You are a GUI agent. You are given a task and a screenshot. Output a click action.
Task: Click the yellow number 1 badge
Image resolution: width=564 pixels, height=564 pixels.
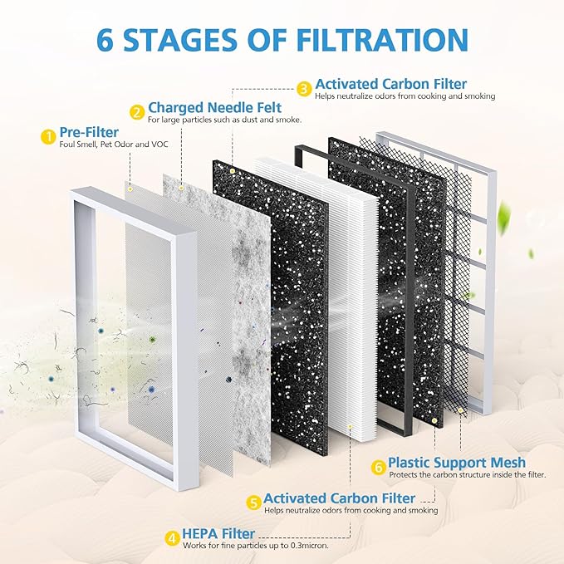47,137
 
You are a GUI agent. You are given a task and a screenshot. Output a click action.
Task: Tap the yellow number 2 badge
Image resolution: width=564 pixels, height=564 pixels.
137,112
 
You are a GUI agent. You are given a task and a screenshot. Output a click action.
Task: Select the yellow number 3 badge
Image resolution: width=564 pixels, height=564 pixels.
304,89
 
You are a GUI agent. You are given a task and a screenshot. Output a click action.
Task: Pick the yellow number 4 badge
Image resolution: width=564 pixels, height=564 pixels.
172,539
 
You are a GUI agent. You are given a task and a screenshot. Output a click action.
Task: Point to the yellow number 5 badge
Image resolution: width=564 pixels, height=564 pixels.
254,503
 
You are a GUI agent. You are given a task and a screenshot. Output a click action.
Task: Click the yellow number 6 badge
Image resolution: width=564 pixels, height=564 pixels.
379,468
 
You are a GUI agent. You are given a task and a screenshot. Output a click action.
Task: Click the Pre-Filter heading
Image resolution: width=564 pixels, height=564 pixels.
89,132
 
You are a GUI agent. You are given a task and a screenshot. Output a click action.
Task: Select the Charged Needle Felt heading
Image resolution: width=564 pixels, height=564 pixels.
215,107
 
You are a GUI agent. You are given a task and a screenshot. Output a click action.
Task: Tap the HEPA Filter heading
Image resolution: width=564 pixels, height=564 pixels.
218,533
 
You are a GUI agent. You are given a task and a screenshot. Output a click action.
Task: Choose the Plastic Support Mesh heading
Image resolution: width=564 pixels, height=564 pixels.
457,462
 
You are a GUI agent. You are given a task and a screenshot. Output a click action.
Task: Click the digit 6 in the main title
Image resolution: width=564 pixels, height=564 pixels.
105,39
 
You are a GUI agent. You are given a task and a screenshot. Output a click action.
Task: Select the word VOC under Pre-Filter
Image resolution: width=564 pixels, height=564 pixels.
160,145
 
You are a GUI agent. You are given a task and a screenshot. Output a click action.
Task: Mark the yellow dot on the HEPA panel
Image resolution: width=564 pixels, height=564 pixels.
350,426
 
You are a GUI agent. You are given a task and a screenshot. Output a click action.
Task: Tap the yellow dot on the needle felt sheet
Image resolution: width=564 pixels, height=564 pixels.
182,188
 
